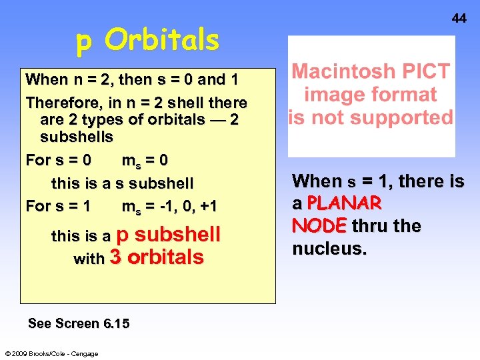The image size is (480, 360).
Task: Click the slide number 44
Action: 459,19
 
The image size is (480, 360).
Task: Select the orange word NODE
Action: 319,226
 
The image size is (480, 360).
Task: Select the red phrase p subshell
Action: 168,235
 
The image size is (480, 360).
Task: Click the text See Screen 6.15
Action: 79,323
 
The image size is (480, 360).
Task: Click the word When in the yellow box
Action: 47,80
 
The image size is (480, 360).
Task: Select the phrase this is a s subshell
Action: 122,183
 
